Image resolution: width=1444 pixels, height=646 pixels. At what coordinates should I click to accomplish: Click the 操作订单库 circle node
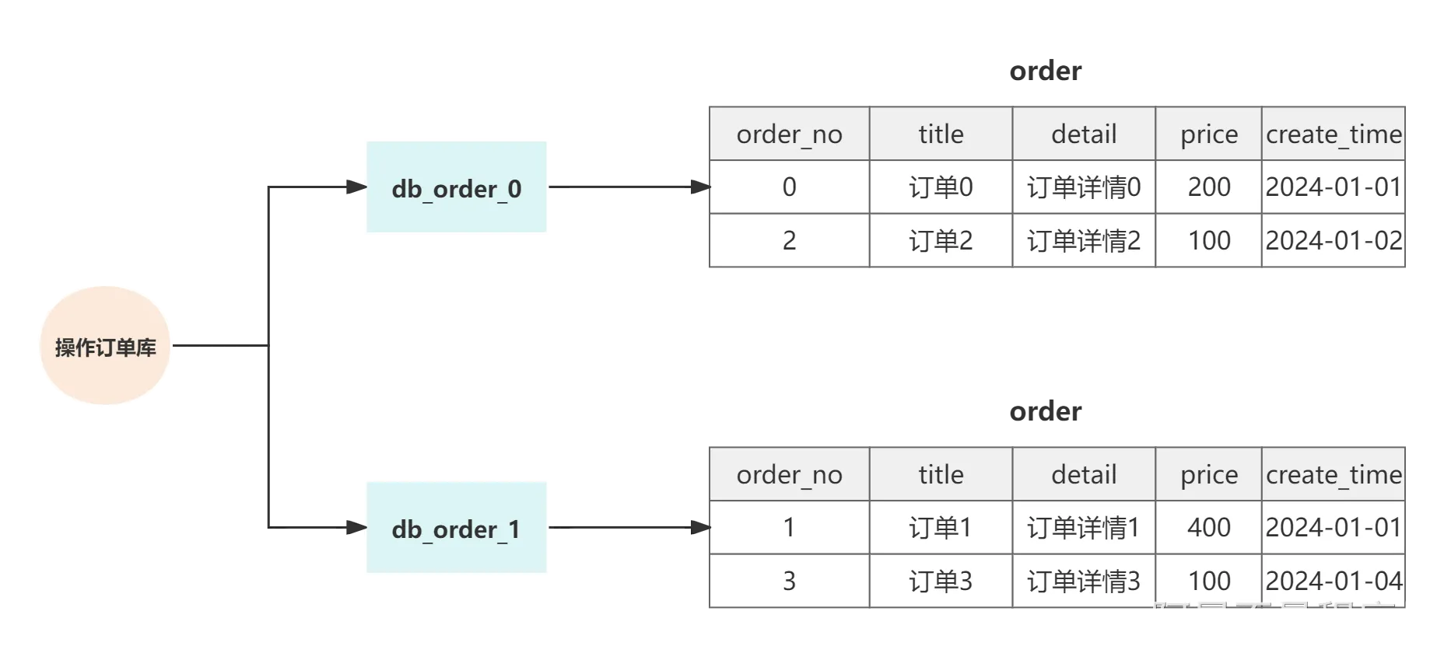click(105, 345)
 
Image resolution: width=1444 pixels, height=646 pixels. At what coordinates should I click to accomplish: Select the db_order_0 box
click(457, 187)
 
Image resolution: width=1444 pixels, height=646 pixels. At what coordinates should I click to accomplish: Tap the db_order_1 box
click(457, 527)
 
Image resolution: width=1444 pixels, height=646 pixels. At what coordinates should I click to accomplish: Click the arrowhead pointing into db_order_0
click(357, 187)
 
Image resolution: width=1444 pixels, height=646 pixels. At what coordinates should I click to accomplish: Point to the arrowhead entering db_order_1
click(357, 527)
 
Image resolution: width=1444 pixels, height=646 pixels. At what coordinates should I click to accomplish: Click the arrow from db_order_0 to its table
click(629, 187)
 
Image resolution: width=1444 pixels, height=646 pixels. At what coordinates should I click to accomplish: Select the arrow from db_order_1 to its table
click(629, 527)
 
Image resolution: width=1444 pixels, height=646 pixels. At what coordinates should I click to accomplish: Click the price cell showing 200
click(1208, 187)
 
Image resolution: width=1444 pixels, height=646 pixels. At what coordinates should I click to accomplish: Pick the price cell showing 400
click(1208, 527)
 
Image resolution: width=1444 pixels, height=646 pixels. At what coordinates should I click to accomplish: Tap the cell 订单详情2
click(1084, 240)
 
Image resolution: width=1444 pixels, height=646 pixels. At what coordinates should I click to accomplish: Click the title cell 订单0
click(941, 187)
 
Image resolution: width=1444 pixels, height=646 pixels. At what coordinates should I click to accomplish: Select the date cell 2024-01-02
click(1334, 240)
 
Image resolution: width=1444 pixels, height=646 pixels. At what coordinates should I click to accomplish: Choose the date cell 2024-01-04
click(1334, 581)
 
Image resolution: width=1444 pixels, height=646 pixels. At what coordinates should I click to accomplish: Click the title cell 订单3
click(941, 581)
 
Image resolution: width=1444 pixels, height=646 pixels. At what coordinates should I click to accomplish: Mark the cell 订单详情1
click(1084, 527)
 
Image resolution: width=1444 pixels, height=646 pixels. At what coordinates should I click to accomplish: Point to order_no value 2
click(789, 240)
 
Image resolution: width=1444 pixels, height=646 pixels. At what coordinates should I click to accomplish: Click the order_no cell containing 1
click(789, 527)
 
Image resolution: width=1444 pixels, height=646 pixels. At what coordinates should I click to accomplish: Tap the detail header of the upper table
click(1084, 134)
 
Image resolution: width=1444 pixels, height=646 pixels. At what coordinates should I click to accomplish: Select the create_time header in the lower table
click(1334, 474)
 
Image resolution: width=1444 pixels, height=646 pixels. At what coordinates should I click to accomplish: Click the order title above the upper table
click(1045, 71)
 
